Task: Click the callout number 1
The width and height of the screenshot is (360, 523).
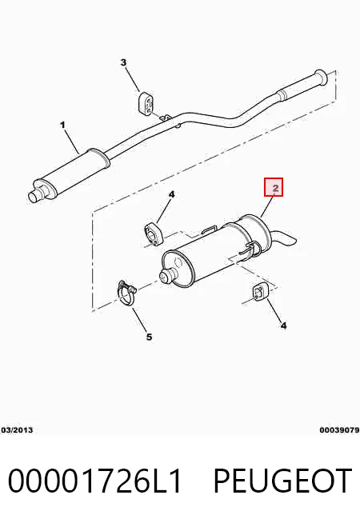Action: (x=62, y=125)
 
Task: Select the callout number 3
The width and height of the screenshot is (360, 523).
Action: (x=123, y=62)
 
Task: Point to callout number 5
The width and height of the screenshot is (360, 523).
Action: (x=149, y=337)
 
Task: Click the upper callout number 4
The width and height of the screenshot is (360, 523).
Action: (x=171, y=194)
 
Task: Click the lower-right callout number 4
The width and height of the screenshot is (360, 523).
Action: (x=283, y=325)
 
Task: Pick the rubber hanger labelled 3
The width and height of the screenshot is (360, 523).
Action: (x=146, y=102)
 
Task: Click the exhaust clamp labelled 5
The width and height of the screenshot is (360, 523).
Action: (x=126, y=292)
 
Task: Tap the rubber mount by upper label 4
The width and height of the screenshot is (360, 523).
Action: (x=153, y=232)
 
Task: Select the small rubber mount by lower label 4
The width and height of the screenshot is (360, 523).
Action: (x=259, y=293)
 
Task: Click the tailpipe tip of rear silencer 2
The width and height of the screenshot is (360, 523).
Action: (x=288, y=240)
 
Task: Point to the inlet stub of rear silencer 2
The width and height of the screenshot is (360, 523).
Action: (x=167, y=275)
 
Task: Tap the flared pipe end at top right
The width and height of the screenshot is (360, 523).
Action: (x=320, y=78)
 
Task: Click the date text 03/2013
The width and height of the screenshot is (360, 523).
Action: (x=17, y=430)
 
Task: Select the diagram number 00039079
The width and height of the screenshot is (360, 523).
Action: (x=339, y=430)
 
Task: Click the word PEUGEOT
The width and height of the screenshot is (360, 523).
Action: (x=282, y=481)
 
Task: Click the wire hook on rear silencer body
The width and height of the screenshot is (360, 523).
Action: (x=252, y=249)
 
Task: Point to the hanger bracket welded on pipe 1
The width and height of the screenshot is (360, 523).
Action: (x=166, y=118)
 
